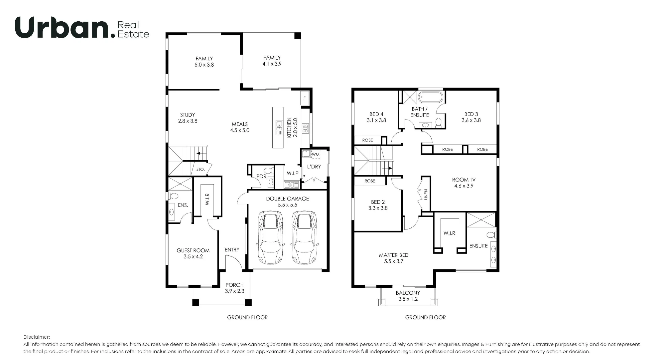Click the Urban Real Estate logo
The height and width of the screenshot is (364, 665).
(82, 27)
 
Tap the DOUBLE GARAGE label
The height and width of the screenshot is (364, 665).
(288, 199)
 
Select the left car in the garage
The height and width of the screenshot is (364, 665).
(271, 237)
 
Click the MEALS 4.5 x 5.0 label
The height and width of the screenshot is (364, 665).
(240, 127)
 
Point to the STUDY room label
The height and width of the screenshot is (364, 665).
(188, 115)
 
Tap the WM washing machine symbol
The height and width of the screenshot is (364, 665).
(316, 155)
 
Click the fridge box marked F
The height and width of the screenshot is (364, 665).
(305, 98)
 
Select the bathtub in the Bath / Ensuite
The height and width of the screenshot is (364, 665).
(431, 98)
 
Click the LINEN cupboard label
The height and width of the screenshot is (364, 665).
(426, 194)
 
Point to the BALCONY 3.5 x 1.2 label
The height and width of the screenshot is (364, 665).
(408, 296)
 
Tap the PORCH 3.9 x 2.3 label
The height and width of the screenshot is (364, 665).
(234, 288)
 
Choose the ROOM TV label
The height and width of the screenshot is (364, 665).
(464, 180)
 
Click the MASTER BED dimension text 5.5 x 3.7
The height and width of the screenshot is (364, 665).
(394, 261)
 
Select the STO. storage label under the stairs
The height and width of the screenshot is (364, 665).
(200, 170)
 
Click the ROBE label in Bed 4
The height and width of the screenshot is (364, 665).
(367, 140)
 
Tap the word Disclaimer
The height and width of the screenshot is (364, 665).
(37, 337)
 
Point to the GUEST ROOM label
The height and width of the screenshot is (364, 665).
(193, 250)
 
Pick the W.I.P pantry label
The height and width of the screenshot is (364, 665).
(293, 174)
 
